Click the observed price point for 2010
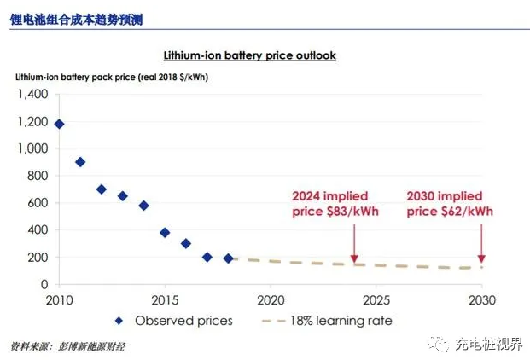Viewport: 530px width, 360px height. pyautogui.click(x=59, y=124)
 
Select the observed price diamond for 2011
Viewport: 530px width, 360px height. pyautogui.click(x=80, y=162)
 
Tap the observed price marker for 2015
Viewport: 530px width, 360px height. pyautogui.click(x=165, y=232)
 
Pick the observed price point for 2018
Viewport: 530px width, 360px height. pyautogui.click(x=228, y=258)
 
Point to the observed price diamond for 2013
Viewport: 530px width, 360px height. pyautogui.click(x=122, y=195)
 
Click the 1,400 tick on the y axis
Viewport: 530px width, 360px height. pyautogui.click(x=32, y=94)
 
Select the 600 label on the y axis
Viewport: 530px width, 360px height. pyautogui.click(x=38, y=202)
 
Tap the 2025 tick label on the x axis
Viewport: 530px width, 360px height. pyautogui.click(x=376, y=300)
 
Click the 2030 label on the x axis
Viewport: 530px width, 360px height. pyautogui.click(x=481, y=300)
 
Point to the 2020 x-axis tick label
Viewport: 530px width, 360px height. pyautogui.click(x=270, y=300)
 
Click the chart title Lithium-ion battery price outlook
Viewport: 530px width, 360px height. pyautogui.click(x=249, y=55)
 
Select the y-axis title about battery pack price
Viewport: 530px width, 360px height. pyautogui.click(x=112, y=77)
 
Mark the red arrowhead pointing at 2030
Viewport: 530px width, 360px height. pyautogui.click(x=481, y=258)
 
